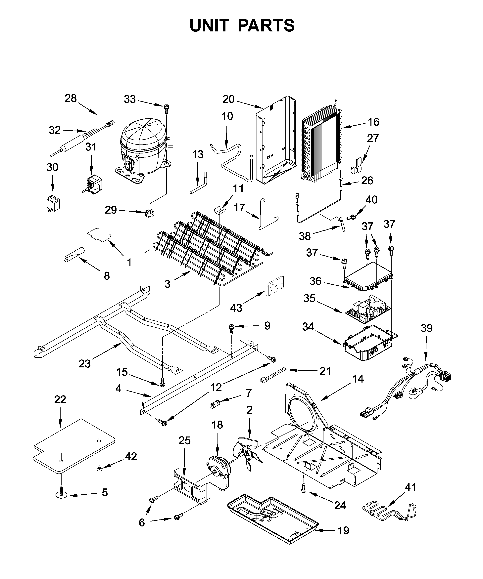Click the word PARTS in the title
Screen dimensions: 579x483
(266, 26)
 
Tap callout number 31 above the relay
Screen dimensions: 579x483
(91, 147)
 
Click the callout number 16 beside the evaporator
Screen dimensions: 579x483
(373, 122)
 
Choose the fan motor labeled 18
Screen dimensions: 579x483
(219, 473)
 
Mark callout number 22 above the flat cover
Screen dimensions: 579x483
(60, 399)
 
